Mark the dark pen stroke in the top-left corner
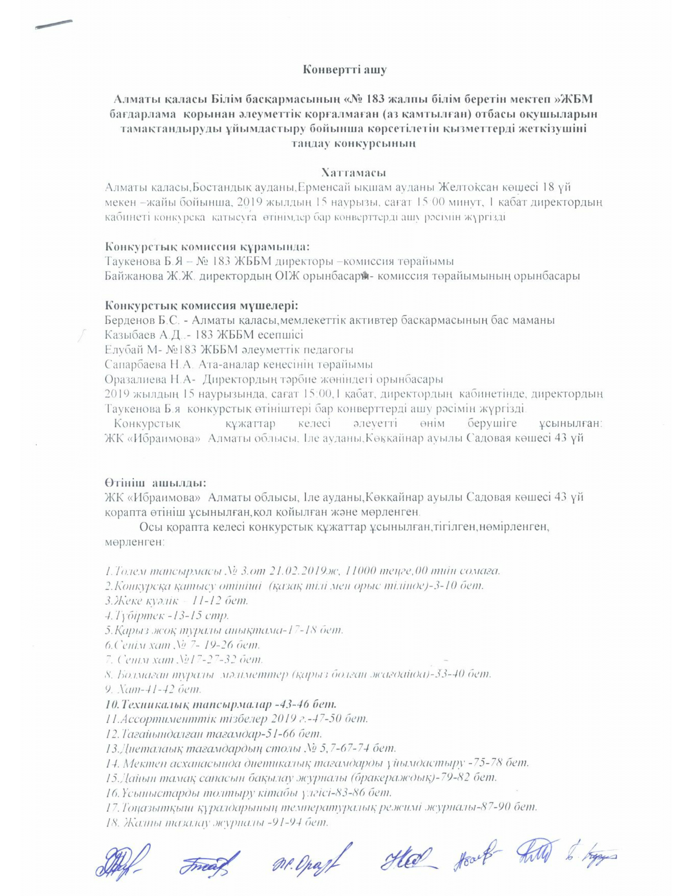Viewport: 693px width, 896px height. [54, 24]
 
